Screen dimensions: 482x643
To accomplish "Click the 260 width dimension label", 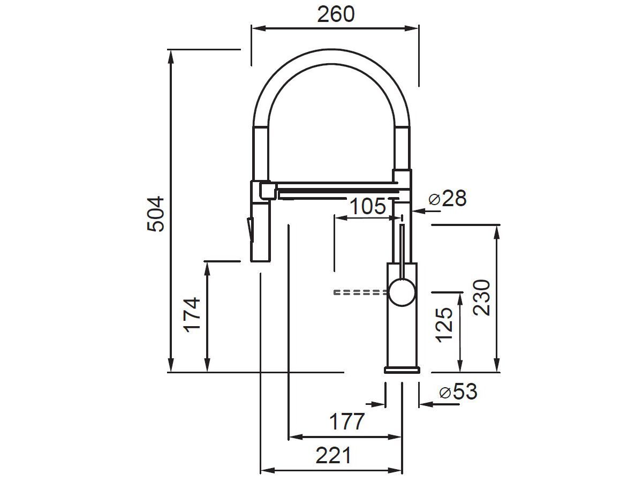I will (x=336, y=14).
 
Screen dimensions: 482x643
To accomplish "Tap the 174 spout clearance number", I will (x=192, y=314).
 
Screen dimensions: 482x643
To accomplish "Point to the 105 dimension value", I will (x=367, y=206).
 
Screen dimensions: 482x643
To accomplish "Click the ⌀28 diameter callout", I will (x=448, y=199).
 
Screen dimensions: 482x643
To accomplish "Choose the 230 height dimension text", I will (x=482, y=297).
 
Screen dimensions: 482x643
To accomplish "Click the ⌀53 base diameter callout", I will (x=458, y=392).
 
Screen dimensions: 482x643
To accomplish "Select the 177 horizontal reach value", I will (x=346, y=422).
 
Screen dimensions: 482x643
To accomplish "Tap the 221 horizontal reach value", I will (x=333, y=456).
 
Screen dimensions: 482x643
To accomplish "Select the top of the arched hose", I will (x=331, y=51).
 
